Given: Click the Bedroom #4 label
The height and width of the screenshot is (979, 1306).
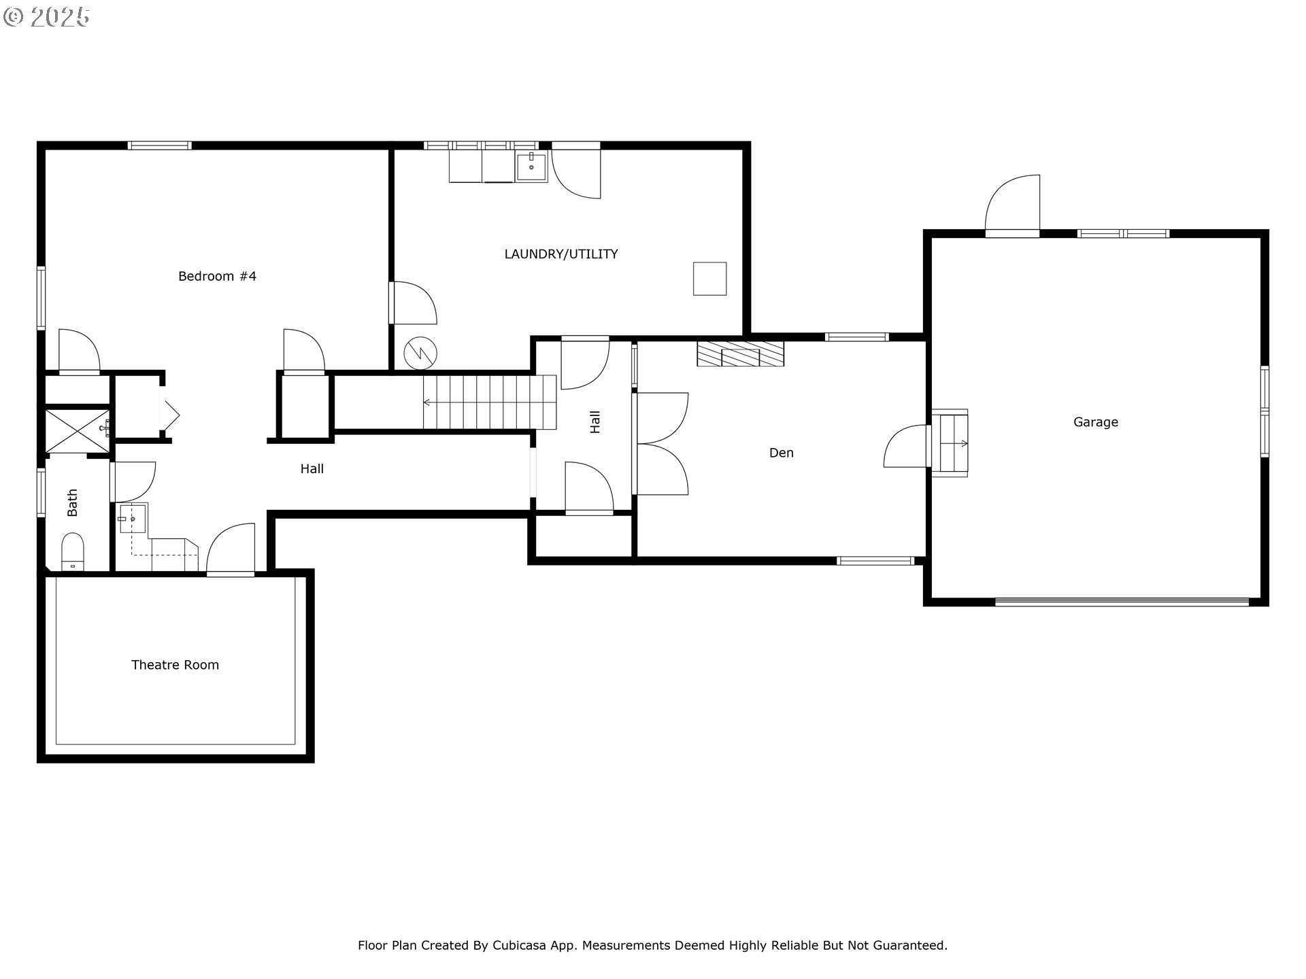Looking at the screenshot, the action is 217,276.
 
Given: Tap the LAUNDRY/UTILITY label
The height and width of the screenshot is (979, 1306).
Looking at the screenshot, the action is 561,254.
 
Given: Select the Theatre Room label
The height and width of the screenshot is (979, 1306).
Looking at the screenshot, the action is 175,665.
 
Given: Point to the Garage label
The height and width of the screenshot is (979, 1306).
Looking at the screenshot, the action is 1096,422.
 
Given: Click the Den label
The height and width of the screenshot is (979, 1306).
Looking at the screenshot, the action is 782,453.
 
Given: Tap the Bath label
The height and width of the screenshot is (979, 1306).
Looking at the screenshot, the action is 72,502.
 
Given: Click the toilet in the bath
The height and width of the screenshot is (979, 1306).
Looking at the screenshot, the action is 72,551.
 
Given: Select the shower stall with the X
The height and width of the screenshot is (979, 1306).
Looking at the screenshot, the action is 77,430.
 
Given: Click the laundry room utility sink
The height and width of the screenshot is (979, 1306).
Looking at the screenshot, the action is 531,167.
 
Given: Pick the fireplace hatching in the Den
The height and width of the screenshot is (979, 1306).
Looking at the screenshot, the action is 740,354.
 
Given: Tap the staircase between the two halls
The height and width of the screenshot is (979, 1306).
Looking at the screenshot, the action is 490,402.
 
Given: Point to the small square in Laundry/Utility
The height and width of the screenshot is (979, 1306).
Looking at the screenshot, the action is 709,279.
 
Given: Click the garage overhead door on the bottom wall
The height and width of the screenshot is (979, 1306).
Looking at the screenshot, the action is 1122,602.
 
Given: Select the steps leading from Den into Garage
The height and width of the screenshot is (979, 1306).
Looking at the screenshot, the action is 950,443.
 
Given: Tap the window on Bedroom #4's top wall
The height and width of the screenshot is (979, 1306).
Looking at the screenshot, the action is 160,145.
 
